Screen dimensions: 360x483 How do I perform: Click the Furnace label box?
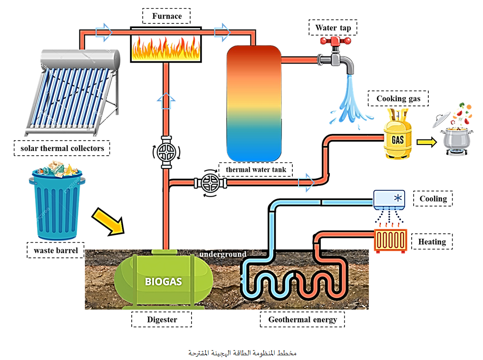pyautogui.click(x=167, y=16)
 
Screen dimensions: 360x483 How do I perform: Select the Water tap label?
pyautogui.click(x=333, y=28)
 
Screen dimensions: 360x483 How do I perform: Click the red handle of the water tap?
pyautogui.click(x=335, y=42)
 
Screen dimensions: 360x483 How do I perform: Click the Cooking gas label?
pyautogui.click(x=398, y=99)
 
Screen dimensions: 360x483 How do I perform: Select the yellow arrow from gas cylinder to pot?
pyautogui.click(x=426, y=142)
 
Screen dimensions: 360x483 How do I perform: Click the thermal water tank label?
pyautogui.click(x=256, y=170)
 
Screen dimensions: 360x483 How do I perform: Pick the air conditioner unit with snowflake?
pyautogui.click(x=389, y=199)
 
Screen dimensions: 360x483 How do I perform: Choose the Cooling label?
pyautogui.click(x=433, y=199)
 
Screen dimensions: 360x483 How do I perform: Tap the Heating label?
pyautogui.click(x=432, y=242)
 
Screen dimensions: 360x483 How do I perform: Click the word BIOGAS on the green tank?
pyautogui.click(x=164, y=281)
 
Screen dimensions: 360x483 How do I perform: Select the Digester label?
pyautogui.click(x=162, y=320)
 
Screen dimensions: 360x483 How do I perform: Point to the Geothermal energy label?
pyautogui.click(x=302, y=320)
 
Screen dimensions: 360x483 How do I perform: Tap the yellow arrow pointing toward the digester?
pyautogui.click(x=107, y=221)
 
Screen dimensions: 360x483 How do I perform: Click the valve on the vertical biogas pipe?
pyautogui.click(x=166, y=152)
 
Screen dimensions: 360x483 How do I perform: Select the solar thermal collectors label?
pyautogui.click(x=62, y=148)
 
